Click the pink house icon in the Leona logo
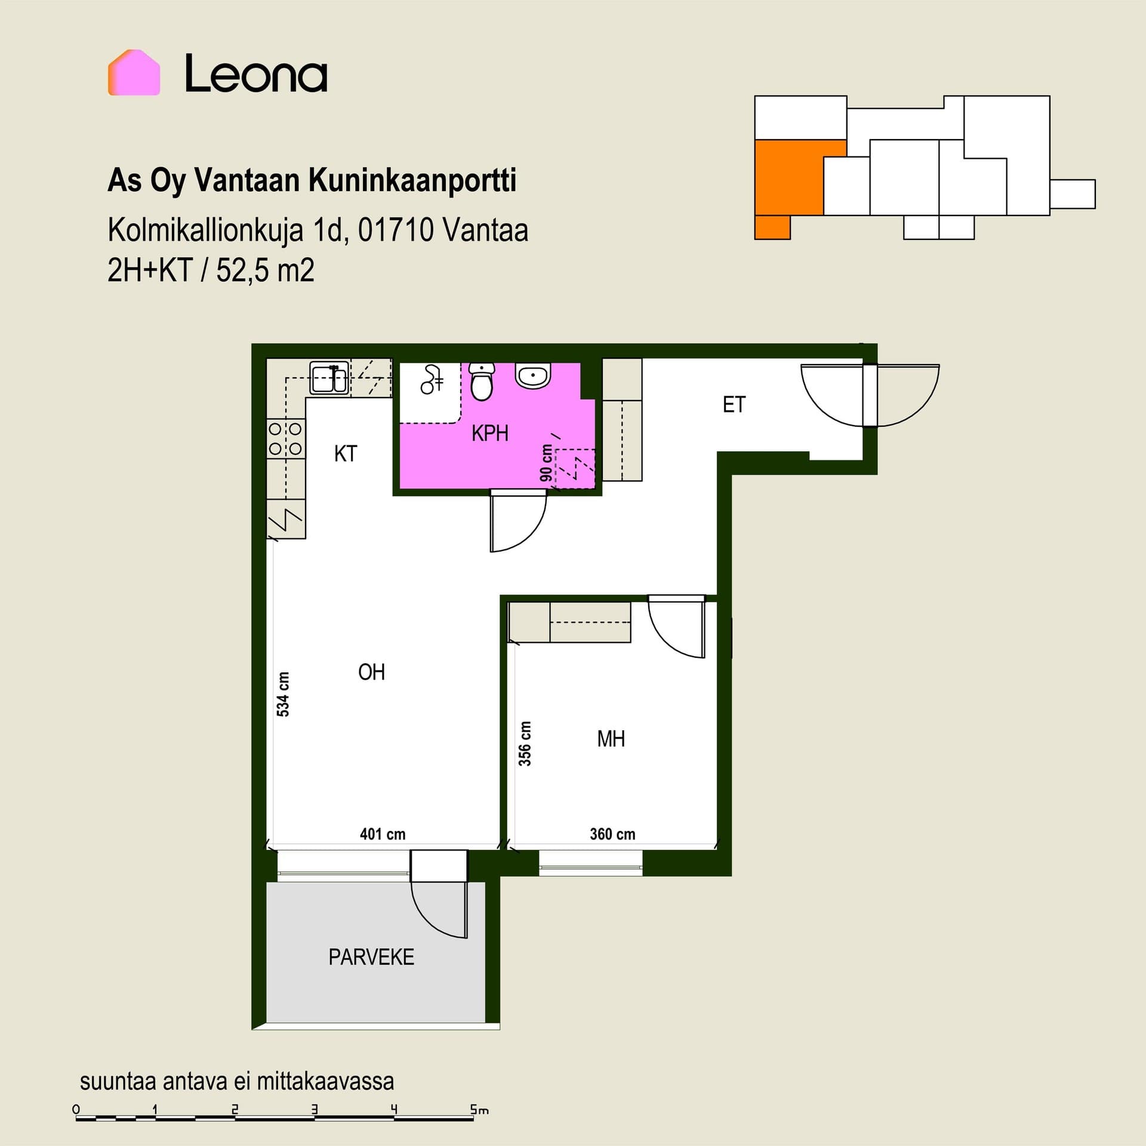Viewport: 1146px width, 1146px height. point(134,72)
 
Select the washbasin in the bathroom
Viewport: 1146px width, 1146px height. point(533,375)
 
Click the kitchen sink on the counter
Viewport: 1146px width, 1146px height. point(329,378)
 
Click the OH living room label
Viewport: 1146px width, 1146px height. point(371,673)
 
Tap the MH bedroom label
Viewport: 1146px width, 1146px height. point(611,739)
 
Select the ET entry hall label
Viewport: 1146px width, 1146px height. point(734,405)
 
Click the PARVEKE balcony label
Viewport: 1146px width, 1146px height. point(371,957)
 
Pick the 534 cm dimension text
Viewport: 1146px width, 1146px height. point(283,694)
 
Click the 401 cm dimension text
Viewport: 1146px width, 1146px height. point(383,834)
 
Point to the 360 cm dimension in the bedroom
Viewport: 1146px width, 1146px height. point(612,834)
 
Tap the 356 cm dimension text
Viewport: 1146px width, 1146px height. point(524,744)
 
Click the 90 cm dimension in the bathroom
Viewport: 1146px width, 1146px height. point(546,463)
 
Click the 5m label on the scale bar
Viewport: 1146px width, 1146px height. point(479,1110)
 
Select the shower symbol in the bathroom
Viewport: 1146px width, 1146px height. point(432,380)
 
